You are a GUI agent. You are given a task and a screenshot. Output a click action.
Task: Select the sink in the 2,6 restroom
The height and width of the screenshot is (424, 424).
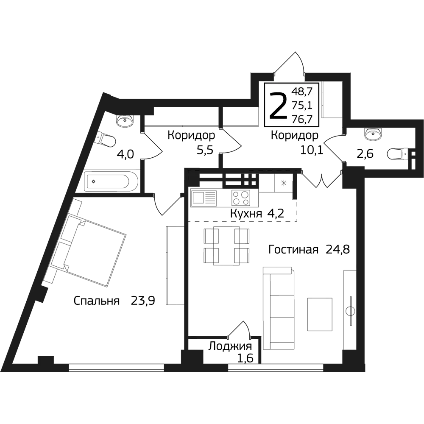[374, 134]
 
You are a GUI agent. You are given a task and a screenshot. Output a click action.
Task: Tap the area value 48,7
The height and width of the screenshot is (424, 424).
[301, 92]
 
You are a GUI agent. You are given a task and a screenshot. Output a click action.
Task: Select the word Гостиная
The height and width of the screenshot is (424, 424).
[293, 250]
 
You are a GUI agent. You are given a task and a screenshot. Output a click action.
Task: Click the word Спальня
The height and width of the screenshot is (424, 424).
[97, 301]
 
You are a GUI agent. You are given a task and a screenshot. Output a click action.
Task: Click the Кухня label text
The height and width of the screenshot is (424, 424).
[246, 214]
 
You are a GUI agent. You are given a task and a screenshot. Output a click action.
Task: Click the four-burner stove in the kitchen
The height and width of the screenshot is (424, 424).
[240, 198]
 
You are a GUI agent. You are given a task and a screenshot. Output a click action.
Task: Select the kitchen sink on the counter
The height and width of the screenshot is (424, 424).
[204, 198]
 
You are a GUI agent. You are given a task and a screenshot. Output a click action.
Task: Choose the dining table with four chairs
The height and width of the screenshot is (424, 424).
[226, 245]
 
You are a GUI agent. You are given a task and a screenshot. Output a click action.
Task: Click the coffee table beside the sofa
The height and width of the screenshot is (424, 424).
[320, 314]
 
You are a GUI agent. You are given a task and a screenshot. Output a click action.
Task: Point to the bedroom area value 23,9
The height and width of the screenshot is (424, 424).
[143, 300]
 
